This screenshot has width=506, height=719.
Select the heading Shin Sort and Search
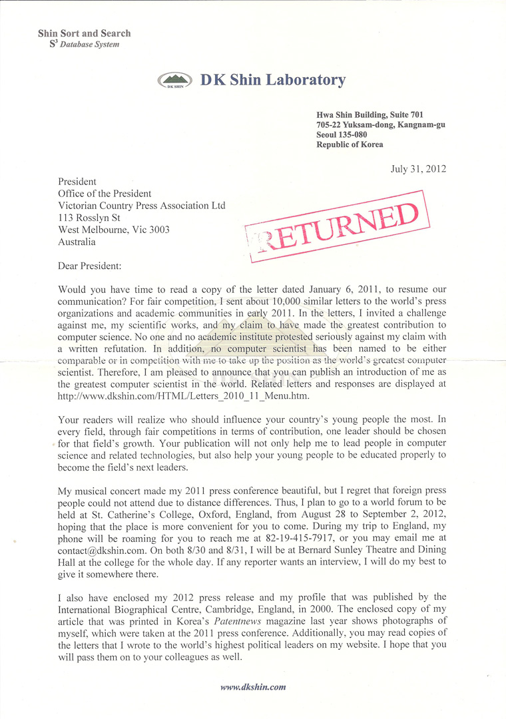coord(85,33)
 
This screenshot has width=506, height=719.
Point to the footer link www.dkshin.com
coord(253,687)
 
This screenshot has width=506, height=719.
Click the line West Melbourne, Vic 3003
coord(114,230)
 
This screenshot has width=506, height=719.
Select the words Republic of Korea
coord(350,144)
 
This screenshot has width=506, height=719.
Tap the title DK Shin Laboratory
coord(273,81)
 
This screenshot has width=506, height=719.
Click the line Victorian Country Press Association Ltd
coord(142,205)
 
